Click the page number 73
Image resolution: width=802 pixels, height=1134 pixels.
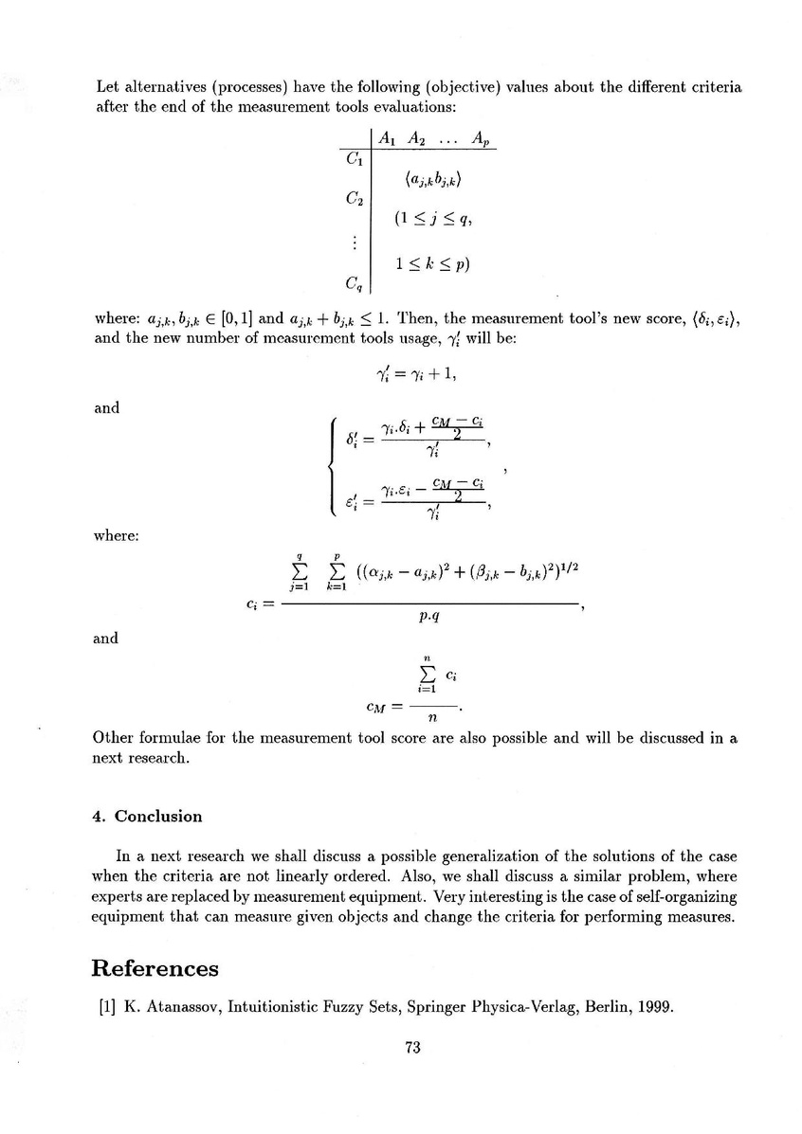click(x=411, y=1047)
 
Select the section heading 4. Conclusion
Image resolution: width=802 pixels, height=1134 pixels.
click(x=146, y=816)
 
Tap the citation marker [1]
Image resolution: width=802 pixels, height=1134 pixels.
click(x=105, y=1007)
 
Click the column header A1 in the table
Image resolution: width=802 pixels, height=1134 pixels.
click(x=387, y=138)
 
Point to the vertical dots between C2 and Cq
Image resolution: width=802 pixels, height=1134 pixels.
click(x=354, y=242)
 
